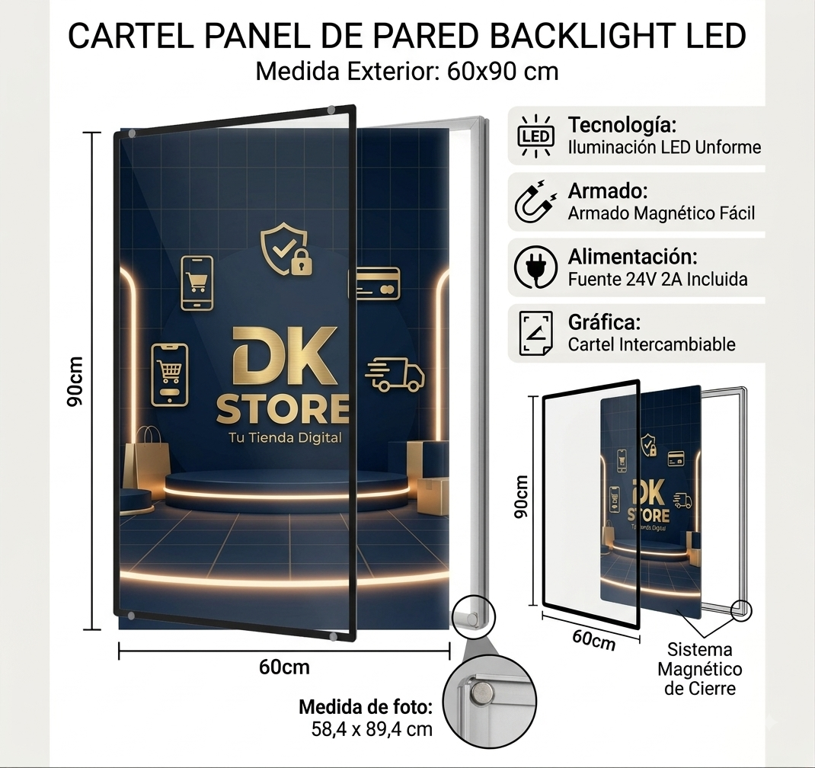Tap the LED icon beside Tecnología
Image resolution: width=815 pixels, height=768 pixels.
536,136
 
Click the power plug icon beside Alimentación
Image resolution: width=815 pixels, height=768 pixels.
535,267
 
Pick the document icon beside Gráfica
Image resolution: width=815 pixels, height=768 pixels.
536,333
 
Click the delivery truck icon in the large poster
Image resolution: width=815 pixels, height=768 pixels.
395,374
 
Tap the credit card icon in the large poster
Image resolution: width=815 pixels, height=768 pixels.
378,283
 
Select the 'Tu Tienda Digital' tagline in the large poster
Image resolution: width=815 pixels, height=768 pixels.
286,437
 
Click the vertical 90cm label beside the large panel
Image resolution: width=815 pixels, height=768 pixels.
75,382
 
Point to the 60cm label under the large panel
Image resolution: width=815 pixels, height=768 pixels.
284,667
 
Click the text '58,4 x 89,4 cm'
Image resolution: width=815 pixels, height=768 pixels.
372,729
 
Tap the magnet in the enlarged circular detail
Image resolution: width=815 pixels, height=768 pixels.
481,693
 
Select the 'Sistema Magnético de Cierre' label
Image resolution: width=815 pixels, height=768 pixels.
700,669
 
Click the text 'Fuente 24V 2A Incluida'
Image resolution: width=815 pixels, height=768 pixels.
657,279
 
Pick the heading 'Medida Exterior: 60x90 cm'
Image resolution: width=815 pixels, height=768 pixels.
407,71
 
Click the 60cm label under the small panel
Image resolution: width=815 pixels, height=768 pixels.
593,640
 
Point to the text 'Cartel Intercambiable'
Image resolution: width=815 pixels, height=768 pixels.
651,344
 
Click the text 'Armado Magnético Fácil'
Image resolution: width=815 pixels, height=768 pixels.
661,213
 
